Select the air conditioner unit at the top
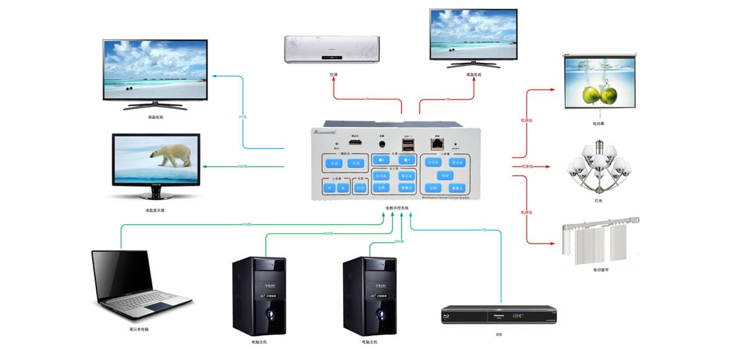(331, 49)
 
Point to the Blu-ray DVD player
(498, 314)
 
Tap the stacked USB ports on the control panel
(408, 145)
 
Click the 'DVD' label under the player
(499, 334)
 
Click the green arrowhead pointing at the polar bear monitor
(205, 166)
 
